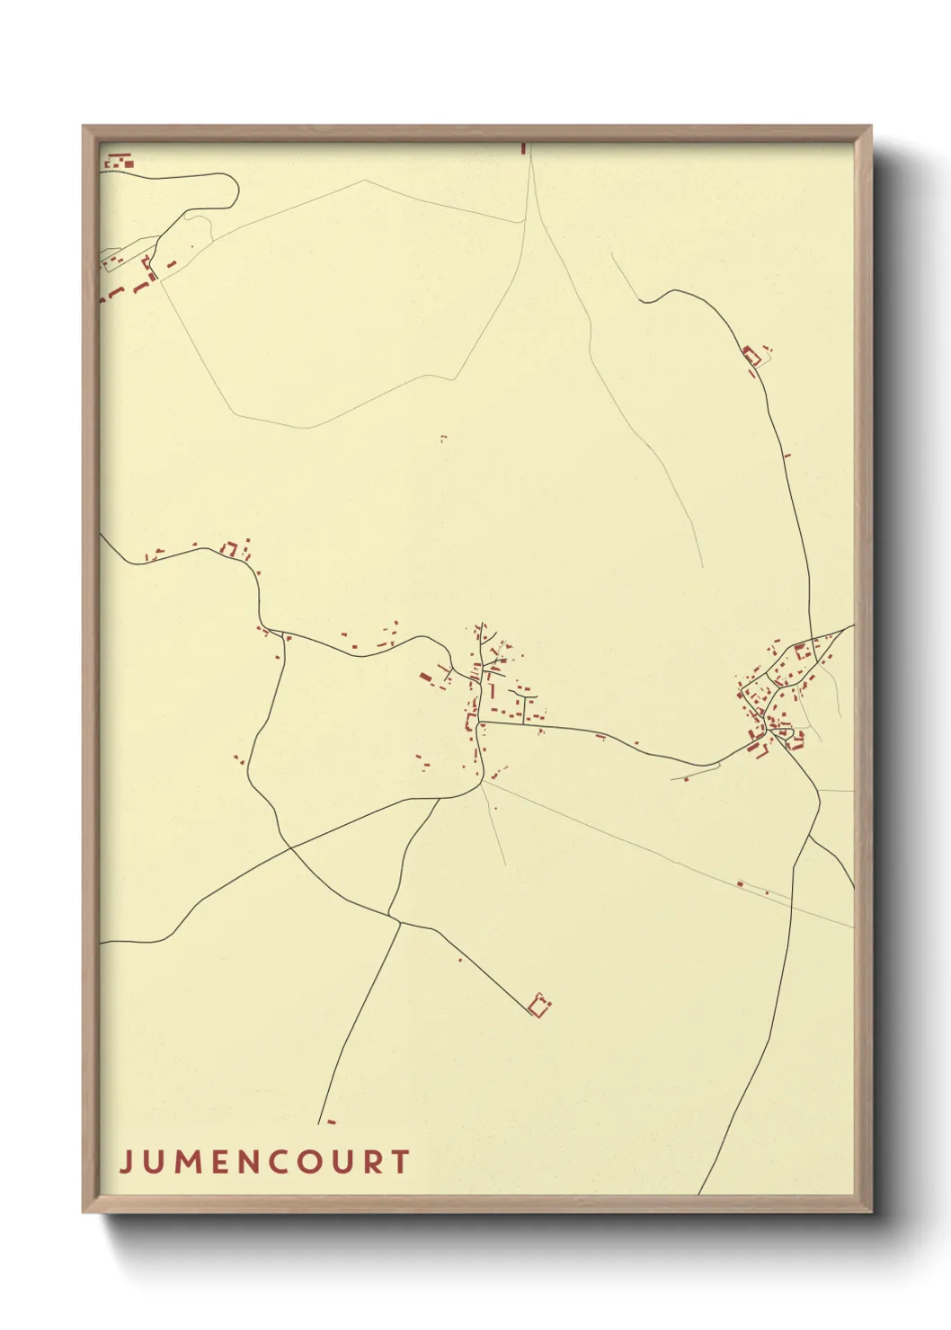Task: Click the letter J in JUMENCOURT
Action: click(126, 1162)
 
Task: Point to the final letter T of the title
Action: click(400, 1162)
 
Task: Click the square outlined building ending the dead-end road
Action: click(539, 1005)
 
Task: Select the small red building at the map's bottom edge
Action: click(331, 1122)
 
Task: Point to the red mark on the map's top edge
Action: click(523, 147)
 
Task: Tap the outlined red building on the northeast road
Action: click(751, 355)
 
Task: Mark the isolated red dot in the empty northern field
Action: click(442, 438)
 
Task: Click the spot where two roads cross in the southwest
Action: click(289, 846)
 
